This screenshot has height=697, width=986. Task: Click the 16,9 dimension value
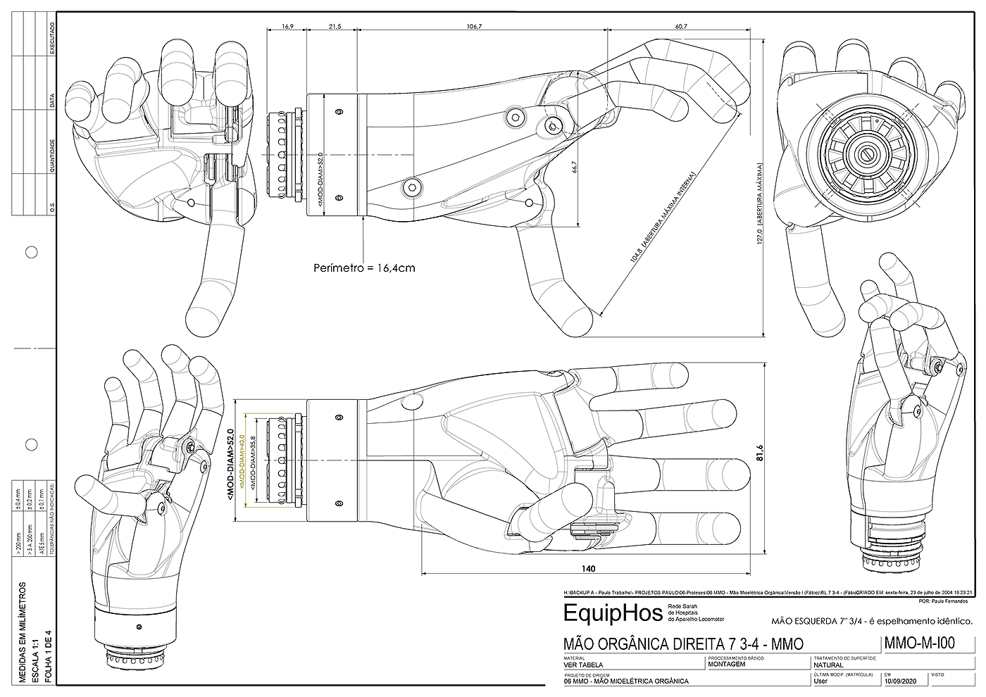287,26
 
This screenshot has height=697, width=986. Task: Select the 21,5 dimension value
335,26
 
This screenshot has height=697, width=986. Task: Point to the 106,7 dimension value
474,26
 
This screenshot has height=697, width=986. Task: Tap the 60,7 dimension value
680,26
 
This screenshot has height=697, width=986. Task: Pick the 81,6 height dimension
759,457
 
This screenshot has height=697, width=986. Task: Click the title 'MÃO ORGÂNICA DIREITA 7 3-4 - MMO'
683,643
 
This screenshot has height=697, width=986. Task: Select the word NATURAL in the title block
828,665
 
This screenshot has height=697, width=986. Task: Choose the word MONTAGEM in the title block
727,664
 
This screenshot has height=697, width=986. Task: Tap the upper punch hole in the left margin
31,252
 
